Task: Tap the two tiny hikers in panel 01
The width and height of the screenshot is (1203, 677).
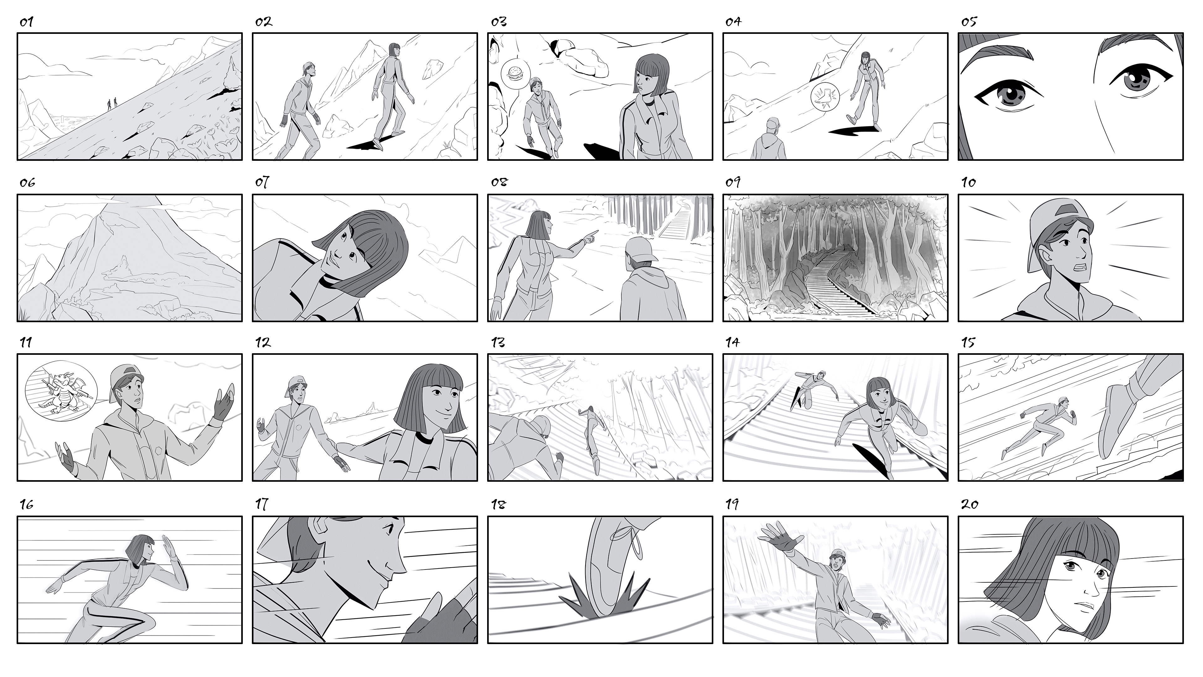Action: pos(112,103)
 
